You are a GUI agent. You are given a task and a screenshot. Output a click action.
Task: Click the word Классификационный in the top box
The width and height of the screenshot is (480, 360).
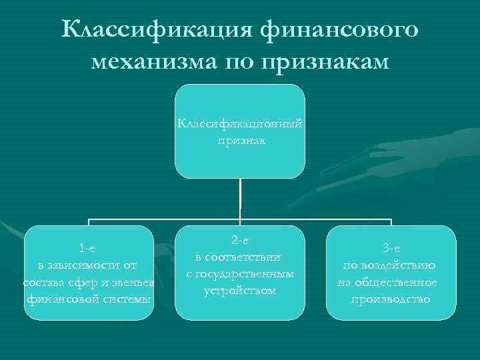[240, 124]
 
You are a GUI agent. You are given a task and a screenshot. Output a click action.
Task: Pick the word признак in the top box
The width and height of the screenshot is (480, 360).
[240, 140]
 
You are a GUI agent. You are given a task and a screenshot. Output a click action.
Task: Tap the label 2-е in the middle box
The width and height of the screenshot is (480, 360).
[240, 239]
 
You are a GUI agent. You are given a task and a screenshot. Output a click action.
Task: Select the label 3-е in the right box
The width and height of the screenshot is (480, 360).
[391, 249]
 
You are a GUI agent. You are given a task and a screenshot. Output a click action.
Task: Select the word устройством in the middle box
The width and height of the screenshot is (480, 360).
[240, 291]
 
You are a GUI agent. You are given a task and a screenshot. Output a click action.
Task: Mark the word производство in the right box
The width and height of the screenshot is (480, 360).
[391, 299]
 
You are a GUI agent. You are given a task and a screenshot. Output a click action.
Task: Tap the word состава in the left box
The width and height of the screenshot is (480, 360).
[41, 283]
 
